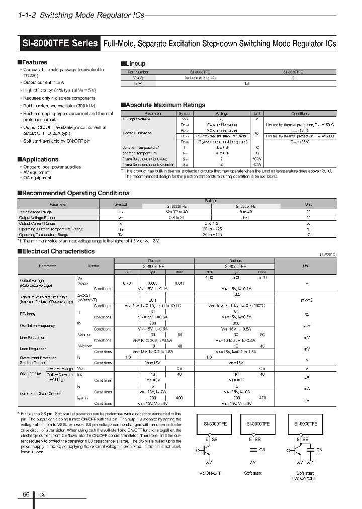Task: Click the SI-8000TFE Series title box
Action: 60,43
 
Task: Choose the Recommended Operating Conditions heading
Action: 75,193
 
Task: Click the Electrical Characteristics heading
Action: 58,251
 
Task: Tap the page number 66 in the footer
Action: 26,495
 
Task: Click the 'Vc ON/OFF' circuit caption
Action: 211,473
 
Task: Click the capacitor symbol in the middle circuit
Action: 253,450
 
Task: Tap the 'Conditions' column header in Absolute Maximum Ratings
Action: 300,114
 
